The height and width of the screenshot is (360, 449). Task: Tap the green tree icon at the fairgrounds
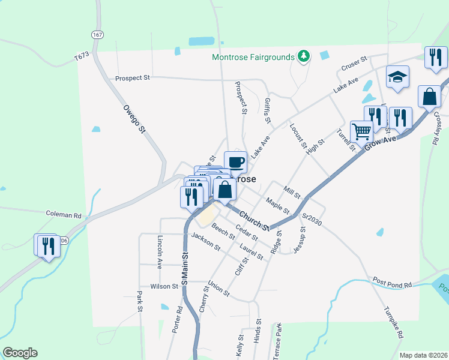click(x=304, y=56)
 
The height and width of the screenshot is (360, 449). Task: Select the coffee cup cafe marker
click(x=236, y=162)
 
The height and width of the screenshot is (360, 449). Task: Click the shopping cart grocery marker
click(x=361, y=131)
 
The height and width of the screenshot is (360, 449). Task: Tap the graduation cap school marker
click(x=397, y=77)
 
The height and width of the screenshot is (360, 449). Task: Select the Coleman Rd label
click(x=64, y=214)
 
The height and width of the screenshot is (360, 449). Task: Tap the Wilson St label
click(x=164, y=287)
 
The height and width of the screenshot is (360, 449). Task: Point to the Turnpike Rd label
click(x=393, y=323)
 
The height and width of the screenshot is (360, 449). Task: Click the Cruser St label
click(x=354, y=63)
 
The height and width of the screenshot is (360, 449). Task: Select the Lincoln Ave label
click(x=160, y=251)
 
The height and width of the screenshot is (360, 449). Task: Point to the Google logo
click(x=20, y=353)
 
